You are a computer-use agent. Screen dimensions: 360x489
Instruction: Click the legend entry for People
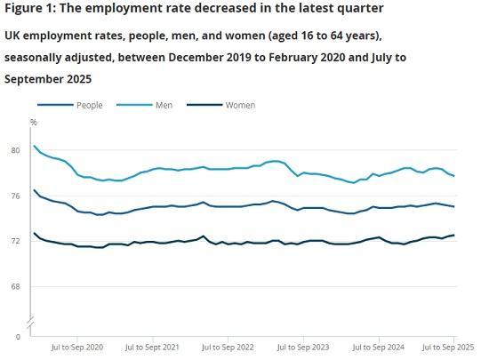[x=89, y=105]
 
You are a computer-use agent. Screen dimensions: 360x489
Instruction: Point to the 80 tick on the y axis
[x=14, y=150]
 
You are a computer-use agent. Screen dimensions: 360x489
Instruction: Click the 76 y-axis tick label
[x=14, y=196]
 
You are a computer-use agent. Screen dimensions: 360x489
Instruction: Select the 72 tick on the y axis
[x=14, y=241]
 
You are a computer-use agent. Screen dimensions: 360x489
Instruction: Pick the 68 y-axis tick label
[x=14, y=286]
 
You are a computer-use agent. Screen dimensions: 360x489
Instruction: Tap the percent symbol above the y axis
[x=34, y=122]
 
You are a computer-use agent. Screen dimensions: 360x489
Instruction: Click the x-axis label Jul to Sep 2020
[x=79, y=347]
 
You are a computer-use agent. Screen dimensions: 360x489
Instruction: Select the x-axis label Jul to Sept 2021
[x=153, y=347]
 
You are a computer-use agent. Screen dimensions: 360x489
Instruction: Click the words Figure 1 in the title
[x=32, y=8]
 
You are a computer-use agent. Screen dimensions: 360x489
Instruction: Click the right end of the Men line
[x=454, y=176]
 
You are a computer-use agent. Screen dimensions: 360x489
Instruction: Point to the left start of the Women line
[x=34, y=233]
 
